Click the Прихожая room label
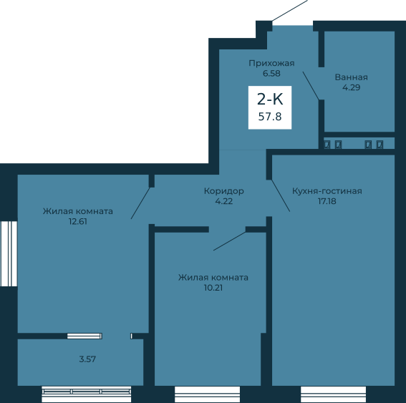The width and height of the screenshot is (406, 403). click(271, 64)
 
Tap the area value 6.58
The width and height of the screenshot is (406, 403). click(271, 74)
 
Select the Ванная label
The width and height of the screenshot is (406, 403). click(352, 77)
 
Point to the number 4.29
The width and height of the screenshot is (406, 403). click(352, 87)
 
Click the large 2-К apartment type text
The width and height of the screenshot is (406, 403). click(270, 99)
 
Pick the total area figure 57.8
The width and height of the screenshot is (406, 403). click(270, 117)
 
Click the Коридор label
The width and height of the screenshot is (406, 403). click(224, 191)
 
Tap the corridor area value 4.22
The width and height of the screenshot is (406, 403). click(224, 201)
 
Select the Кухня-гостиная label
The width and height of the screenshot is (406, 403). click(327, 191)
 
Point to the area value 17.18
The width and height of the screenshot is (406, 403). click(327, 201)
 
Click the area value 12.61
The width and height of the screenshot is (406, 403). click(78, 222)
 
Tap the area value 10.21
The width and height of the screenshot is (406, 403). click(213, 288)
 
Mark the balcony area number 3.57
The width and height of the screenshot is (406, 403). click(87, 359)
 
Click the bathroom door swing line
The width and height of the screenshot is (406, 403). click(311, 86)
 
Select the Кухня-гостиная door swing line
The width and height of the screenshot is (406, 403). click(281, 195)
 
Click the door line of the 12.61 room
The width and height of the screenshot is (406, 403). click(140, 203)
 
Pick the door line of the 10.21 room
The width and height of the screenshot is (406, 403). click(230, 241)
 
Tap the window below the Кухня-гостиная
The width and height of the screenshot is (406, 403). click(333, 394)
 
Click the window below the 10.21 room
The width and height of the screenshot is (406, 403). click(207, 394)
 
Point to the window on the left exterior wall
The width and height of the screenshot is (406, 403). click(9, 253)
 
